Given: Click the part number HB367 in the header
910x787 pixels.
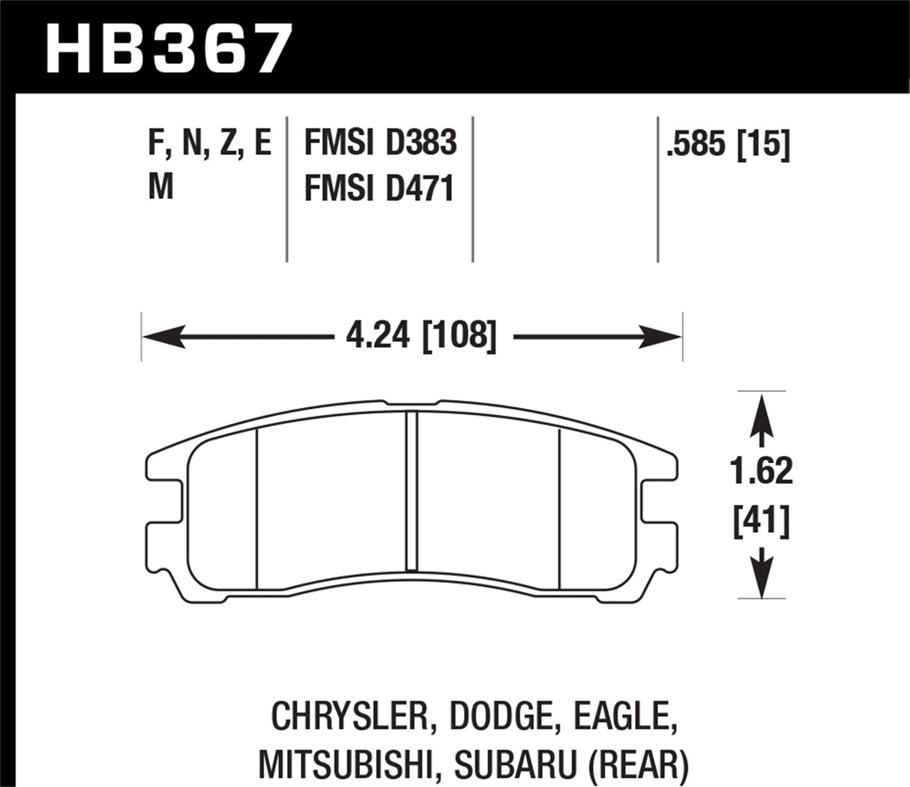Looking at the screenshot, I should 168,47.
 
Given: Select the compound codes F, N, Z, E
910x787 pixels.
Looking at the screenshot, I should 209,143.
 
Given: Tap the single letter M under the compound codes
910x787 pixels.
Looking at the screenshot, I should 161,186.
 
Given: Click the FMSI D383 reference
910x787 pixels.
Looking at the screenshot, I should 380,143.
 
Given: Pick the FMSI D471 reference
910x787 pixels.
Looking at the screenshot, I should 379,188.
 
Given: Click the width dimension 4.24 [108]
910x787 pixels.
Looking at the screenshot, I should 421,335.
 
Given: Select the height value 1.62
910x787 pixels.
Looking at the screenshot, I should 762,472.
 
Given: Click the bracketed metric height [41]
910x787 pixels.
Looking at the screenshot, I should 762,520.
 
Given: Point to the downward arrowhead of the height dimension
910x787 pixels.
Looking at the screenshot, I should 762,581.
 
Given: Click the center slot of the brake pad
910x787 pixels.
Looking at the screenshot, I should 411,491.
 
